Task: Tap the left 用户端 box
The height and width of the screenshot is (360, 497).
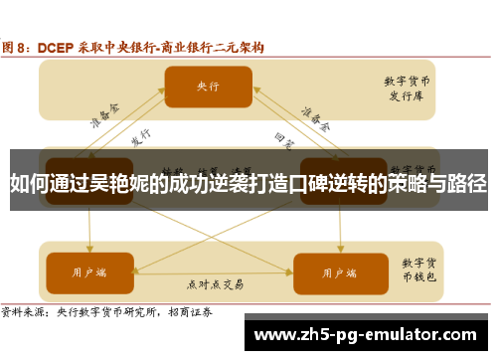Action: (90, 243)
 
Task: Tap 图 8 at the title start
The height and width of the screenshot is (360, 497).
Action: (17, 46)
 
